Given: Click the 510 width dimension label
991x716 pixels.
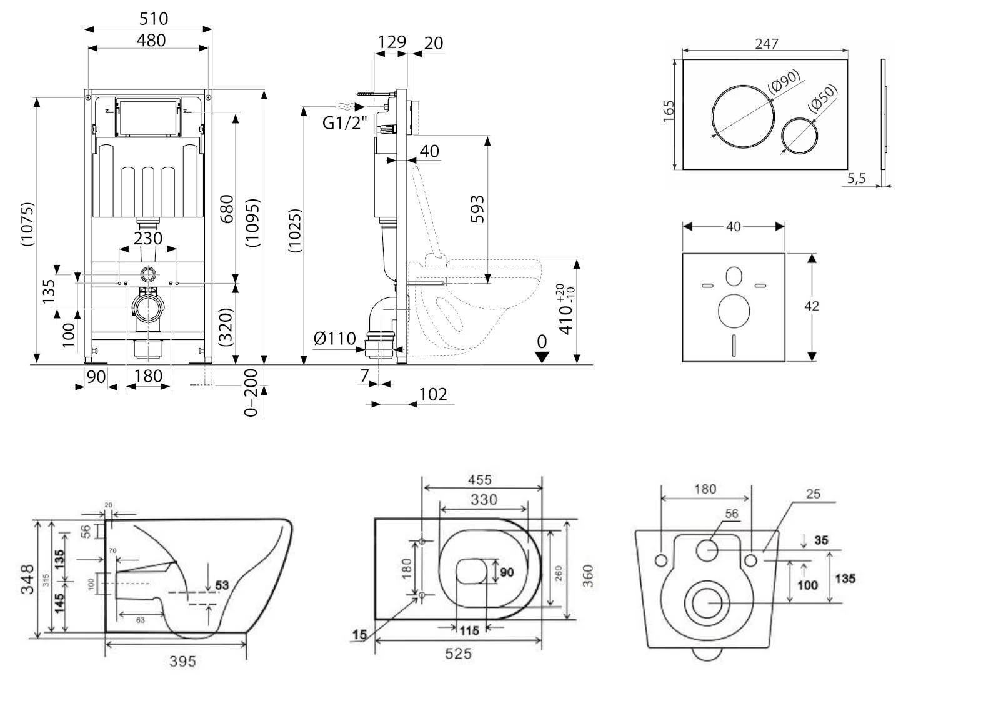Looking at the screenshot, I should (x=153, y=19).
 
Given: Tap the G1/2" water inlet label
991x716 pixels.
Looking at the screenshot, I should (x=344, y=122).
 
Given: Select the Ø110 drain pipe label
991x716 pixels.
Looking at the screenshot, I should (x=334, y=339).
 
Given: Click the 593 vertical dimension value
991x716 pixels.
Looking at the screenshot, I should (x=477, y=209).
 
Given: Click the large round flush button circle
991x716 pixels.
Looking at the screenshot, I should (x=742, y=117).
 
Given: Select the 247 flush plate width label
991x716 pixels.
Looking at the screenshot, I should (x=767, y=44).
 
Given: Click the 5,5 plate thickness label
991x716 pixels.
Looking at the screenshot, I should (x=857, y=179).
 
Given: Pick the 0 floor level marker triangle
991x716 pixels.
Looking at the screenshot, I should (x=542, y=356).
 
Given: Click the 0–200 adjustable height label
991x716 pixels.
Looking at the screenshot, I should (x=251, y=392).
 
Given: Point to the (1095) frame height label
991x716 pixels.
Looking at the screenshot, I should (x=252, y=223).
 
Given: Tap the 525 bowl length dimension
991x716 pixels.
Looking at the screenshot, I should (x=458, y=654).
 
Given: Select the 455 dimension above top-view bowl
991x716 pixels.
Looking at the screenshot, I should (x=479, y=480).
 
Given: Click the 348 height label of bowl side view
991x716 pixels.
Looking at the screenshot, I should (x=27, y=579).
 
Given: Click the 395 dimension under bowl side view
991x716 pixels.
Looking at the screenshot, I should (x=182, y=661).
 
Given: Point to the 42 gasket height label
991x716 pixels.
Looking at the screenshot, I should (x=811, y=306).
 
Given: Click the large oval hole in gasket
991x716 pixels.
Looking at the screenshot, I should (x=734, y=311).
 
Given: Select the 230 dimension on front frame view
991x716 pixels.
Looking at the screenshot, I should (x=148, y=238).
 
